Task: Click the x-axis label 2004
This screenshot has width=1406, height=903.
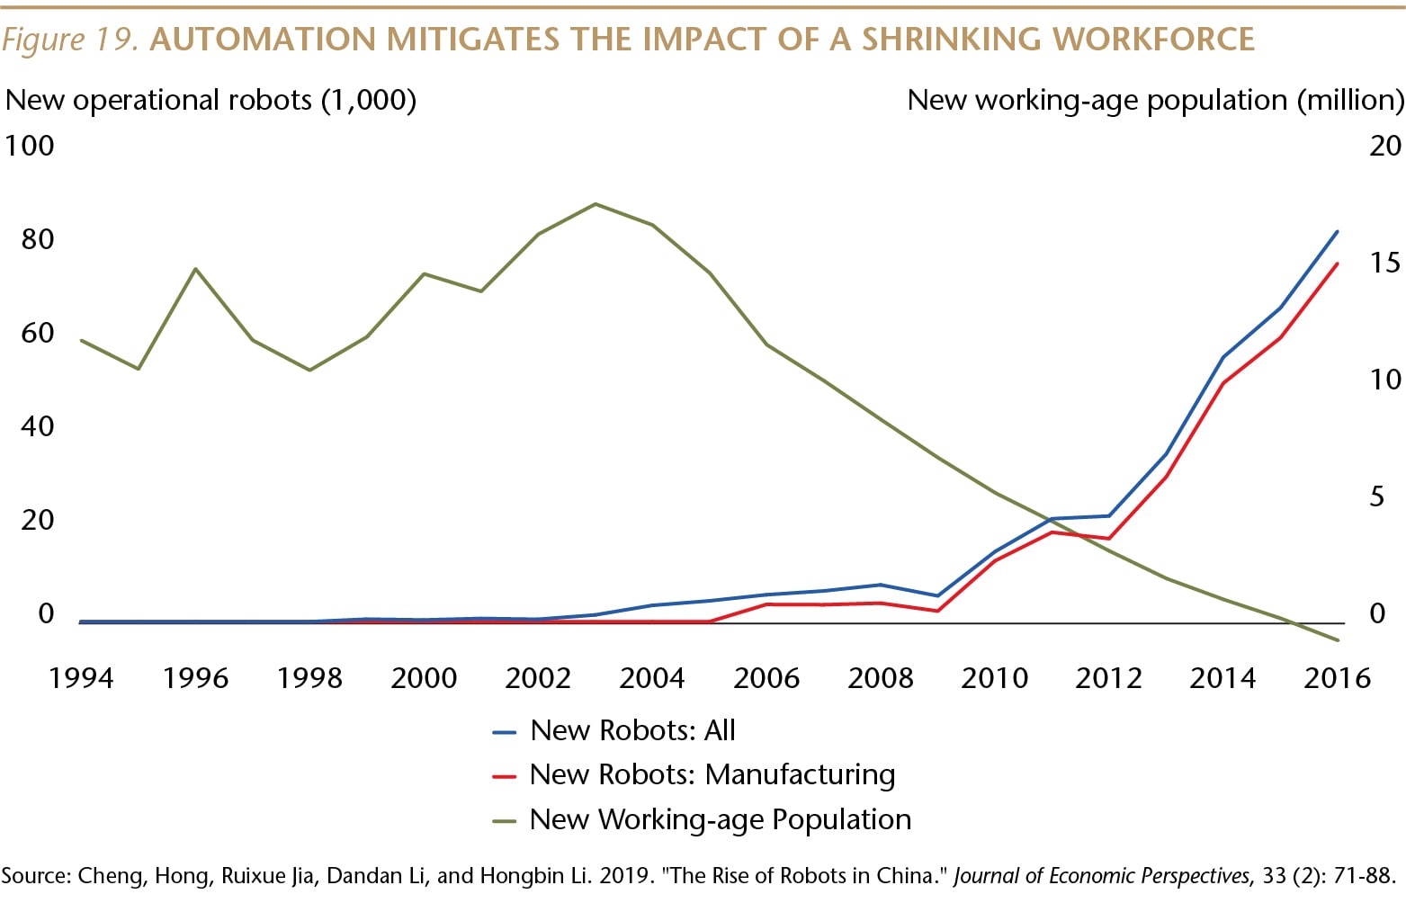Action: pos(651,677)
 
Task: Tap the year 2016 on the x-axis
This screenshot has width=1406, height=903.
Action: pos(1337,677)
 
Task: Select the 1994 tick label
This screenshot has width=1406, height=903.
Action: pos(81,677)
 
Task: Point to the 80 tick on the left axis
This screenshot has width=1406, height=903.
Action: pos(37,239)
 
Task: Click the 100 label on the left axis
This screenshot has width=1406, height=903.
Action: pos(30,146)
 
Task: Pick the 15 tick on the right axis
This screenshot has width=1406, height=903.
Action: pos(1384,263)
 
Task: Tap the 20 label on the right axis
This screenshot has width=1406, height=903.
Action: pos(1384,146)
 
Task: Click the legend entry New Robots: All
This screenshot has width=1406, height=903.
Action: pos(632,730)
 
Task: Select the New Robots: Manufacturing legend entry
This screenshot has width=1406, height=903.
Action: pos(712,774)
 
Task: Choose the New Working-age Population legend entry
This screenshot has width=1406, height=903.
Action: pos(720,819)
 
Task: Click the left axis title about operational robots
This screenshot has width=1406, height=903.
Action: pos(211,100)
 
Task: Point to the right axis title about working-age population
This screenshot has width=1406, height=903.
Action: pos(1155,100)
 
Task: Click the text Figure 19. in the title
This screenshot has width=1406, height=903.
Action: pos(70,40)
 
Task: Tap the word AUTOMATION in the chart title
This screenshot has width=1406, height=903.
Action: pos(263,40)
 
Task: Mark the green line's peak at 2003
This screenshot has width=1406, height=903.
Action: pos(596,204)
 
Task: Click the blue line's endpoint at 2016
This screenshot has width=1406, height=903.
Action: pos(1338,231)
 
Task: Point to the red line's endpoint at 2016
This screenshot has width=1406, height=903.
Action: pos(1338,264)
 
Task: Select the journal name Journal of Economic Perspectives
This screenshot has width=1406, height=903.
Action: pos(1101,876)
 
